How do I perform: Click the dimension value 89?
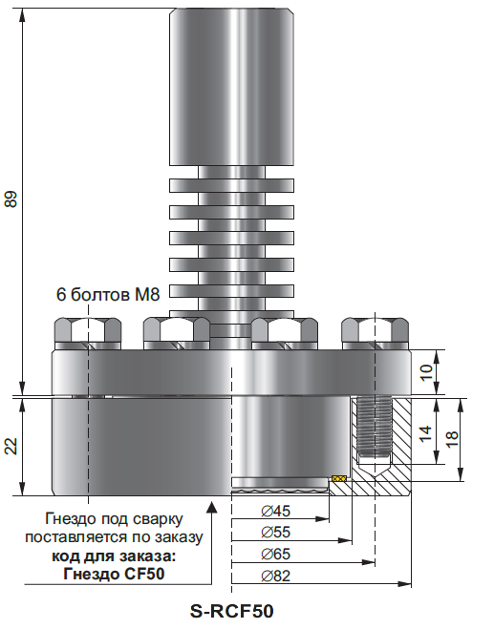click(x=11, y=199)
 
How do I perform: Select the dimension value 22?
click(x=11, y=446)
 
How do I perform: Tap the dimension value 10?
click(x=426, y=372)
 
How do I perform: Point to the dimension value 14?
click(x=425, y=433)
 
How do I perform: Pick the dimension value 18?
click(x=452, y=439)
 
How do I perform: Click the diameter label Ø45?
click(x=275, y=511)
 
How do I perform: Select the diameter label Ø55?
click(x=275, y=533)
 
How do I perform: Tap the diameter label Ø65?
click(x=275, y=554)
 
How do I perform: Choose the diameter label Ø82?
click(x=275, y=577)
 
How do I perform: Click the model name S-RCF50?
click(x=232, y=612)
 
